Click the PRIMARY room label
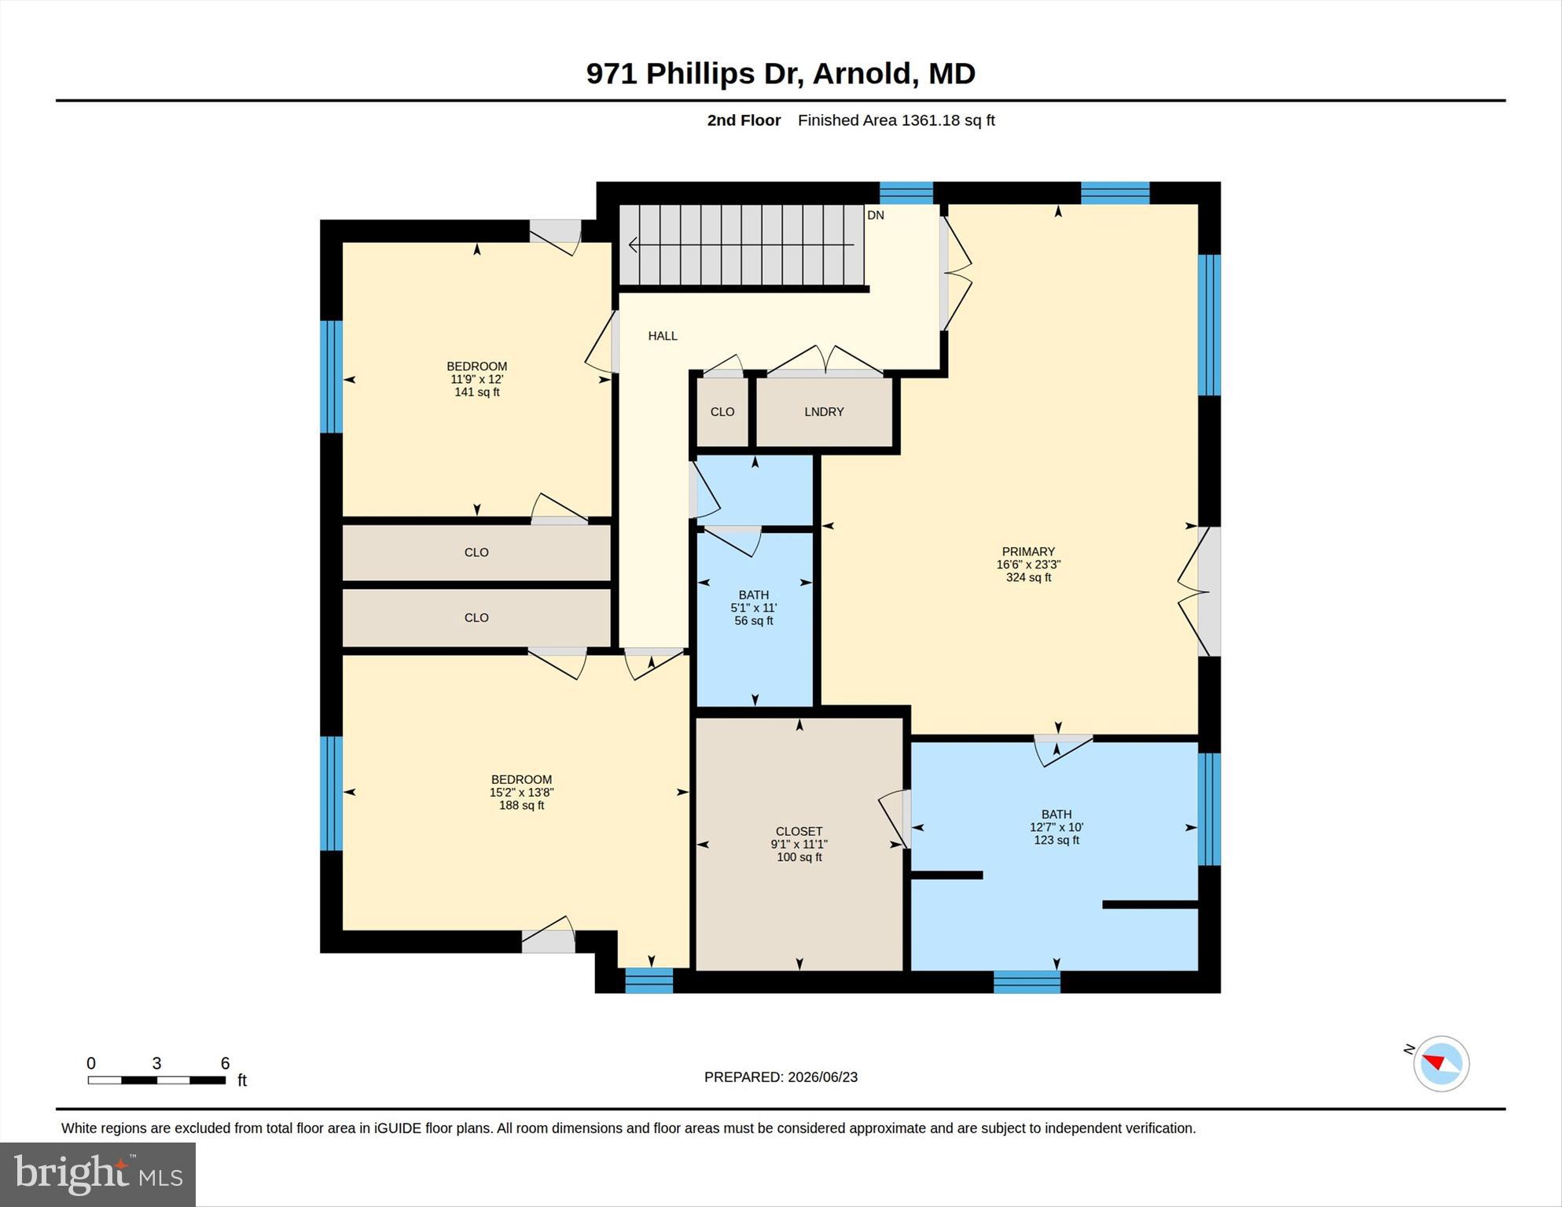click(1028, 552)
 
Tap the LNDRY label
click(824, 412)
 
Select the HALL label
click(663, 336)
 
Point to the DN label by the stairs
click(876, 215)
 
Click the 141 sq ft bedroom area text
click(477, 392)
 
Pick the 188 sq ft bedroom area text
click(522, 806)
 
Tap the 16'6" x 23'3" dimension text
click(1028, 565)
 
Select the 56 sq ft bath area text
click(754, 621)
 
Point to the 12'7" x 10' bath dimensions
click(1057, 827)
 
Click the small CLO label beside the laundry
click(722, 412)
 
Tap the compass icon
click(1441, 1064)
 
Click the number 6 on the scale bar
click(225, 1064)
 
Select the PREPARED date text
click(781, 1077)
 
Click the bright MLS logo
click(97, 1174)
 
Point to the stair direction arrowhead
click(633, 245)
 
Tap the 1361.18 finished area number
click(932, 120)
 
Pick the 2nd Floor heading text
click(744, 120)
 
